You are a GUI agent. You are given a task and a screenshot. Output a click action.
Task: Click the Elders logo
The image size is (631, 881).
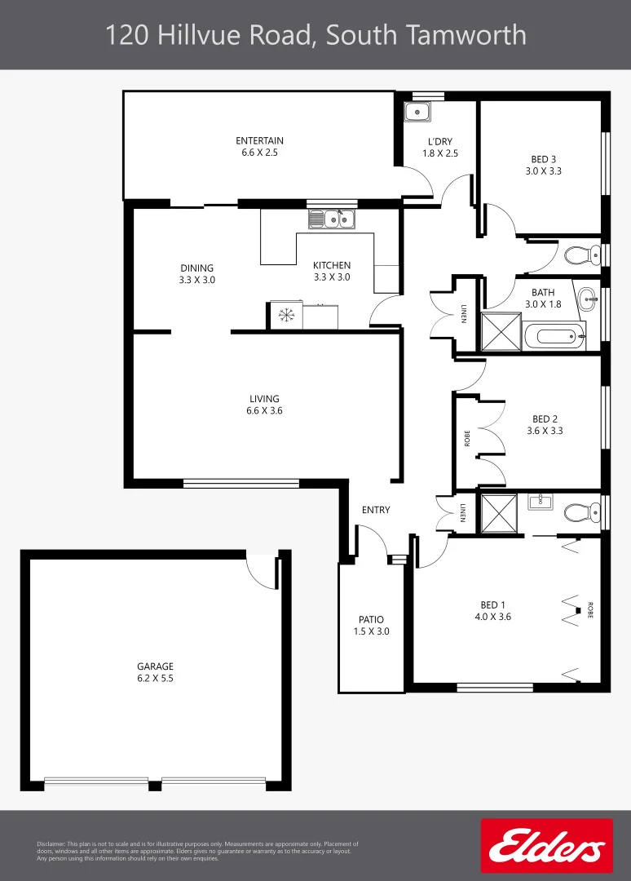click(x=547, y=846)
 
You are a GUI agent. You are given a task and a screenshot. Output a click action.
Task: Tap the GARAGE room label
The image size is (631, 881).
click(x=155, y=666)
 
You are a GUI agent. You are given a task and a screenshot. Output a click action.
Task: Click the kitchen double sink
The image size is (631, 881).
click(x=332, y=219)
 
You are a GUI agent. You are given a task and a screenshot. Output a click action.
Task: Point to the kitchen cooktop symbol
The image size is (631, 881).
click(x=285, y=316)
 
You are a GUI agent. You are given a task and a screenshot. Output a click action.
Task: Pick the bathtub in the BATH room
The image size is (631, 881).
click(x=554, y=334)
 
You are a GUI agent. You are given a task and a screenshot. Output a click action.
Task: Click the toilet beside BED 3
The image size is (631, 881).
click(x=580, y=255)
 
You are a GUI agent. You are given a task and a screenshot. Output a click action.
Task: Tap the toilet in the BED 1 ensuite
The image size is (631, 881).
click(x=579, y=512)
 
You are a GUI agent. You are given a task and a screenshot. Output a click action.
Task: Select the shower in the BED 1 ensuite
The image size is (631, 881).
click(x=498, y=514)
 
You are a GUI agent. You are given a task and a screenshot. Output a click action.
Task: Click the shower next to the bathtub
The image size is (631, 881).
click(x=499, y=332)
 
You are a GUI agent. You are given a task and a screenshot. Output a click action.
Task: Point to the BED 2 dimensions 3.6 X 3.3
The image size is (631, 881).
click(x=545, y=431)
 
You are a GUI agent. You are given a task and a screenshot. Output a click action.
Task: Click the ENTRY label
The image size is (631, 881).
click(x=376, y=510)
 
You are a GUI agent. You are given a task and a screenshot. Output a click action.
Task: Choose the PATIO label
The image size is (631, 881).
click(x=371, y=619)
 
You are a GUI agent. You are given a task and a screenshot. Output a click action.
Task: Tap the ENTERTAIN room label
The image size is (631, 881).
click(x=259, y=141)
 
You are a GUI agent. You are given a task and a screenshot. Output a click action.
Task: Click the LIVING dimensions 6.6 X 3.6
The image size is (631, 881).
click(x=264, y=411)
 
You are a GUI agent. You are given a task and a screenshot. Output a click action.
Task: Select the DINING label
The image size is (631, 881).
click(x=196, y=268)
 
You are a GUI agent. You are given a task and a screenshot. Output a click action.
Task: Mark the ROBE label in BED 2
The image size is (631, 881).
click(x=467, y=438)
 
